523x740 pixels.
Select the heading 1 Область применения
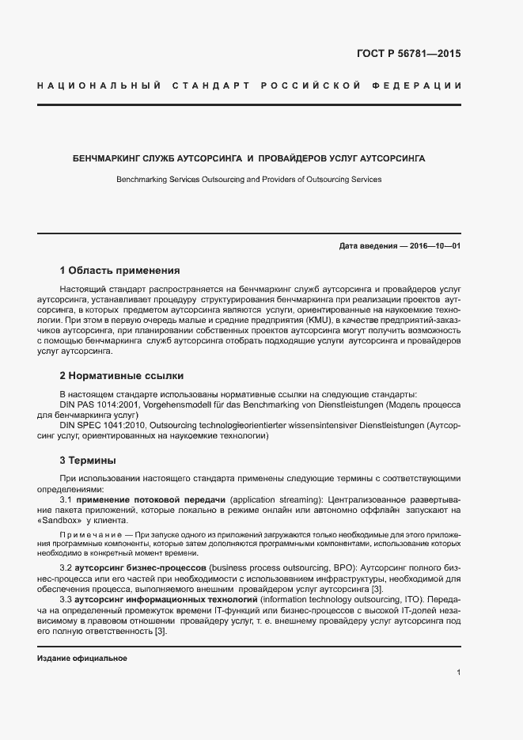[x=119, y=271]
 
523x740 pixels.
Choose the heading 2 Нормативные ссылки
[x=121, y=375]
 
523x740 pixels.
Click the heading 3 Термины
[x=88, y=460]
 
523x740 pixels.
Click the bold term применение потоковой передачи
[x=153, y=500]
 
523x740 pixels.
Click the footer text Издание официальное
[x=82, y=658]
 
